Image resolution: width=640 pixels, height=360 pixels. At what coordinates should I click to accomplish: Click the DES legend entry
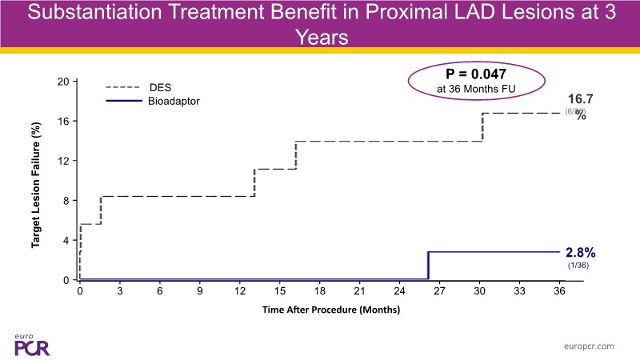161,86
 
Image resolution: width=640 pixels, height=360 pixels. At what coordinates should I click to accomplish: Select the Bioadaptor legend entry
174,102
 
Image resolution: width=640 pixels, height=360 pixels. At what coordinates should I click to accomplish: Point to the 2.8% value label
581,251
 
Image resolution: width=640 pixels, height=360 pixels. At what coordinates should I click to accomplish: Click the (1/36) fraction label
578,265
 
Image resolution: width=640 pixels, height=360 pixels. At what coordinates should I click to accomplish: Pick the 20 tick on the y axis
62,82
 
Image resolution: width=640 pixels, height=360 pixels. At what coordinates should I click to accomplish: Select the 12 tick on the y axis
62,161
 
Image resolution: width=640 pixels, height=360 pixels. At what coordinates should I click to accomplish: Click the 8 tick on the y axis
66,201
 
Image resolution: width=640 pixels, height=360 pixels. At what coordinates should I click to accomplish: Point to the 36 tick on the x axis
558,293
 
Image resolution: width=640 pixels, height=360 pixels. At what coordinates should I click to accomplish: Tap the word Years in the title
320,37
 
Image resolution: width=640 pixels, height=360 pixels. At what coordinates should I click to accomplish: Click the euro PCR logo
30,343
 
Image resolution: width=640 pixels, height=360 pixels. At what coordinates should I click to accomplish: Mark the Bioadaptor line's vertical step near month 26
429,266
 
